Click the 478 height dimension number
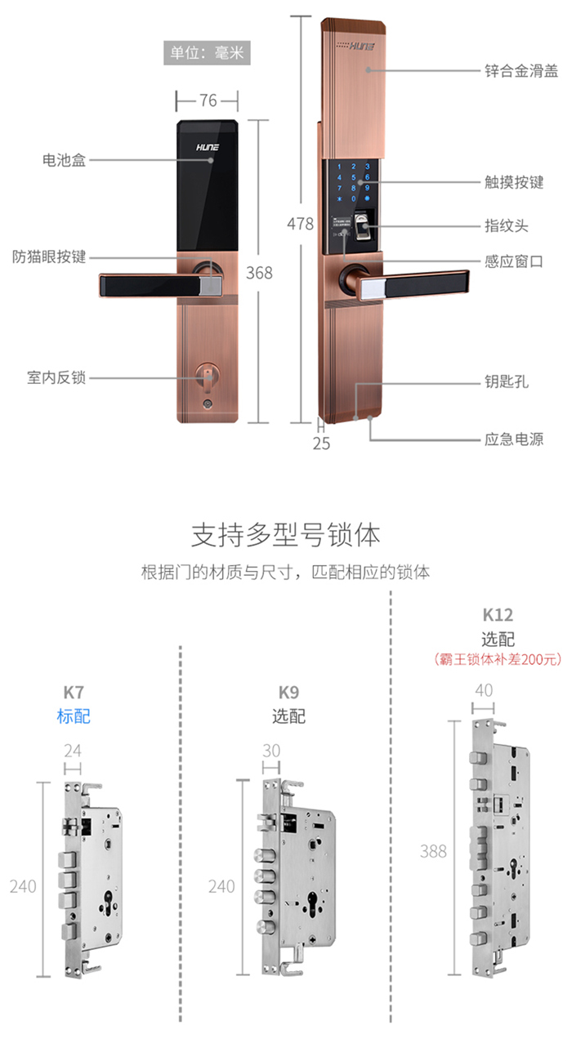300,224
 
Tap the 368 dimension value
259,273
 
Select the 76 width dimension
208,100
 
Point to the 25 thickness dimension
321,444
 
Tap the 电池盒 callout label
64,160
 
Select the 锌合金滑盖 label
521,71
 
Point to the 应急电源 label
514,440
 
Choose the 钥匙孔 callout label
507,381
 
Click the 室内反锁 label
56,378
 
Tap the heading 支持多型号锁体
285,536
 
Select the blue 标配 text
74,716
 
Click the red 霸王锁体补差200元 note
497,659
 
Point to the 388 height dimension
433,851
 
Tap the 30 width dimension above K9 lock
272,751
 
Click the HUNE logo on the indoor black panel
206,150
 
